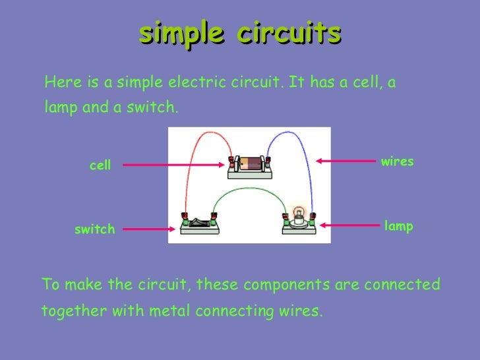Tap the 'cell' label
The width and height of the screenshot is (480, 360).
tap(100, 165)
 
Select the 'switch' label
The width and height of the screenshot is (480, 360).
tap(95, 229)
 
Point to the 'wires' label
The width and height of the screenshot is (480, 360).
tap(397, 162)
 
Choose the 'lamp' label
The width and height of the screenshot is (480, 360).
tap(398, 226)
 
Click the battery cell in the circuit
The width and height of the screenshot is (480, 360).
tap(249, 164)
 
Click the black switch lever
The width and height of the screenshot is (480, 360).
tap(199, 220)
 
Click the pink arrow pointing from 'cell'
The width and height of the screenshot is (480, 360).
tap(175, 165)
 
